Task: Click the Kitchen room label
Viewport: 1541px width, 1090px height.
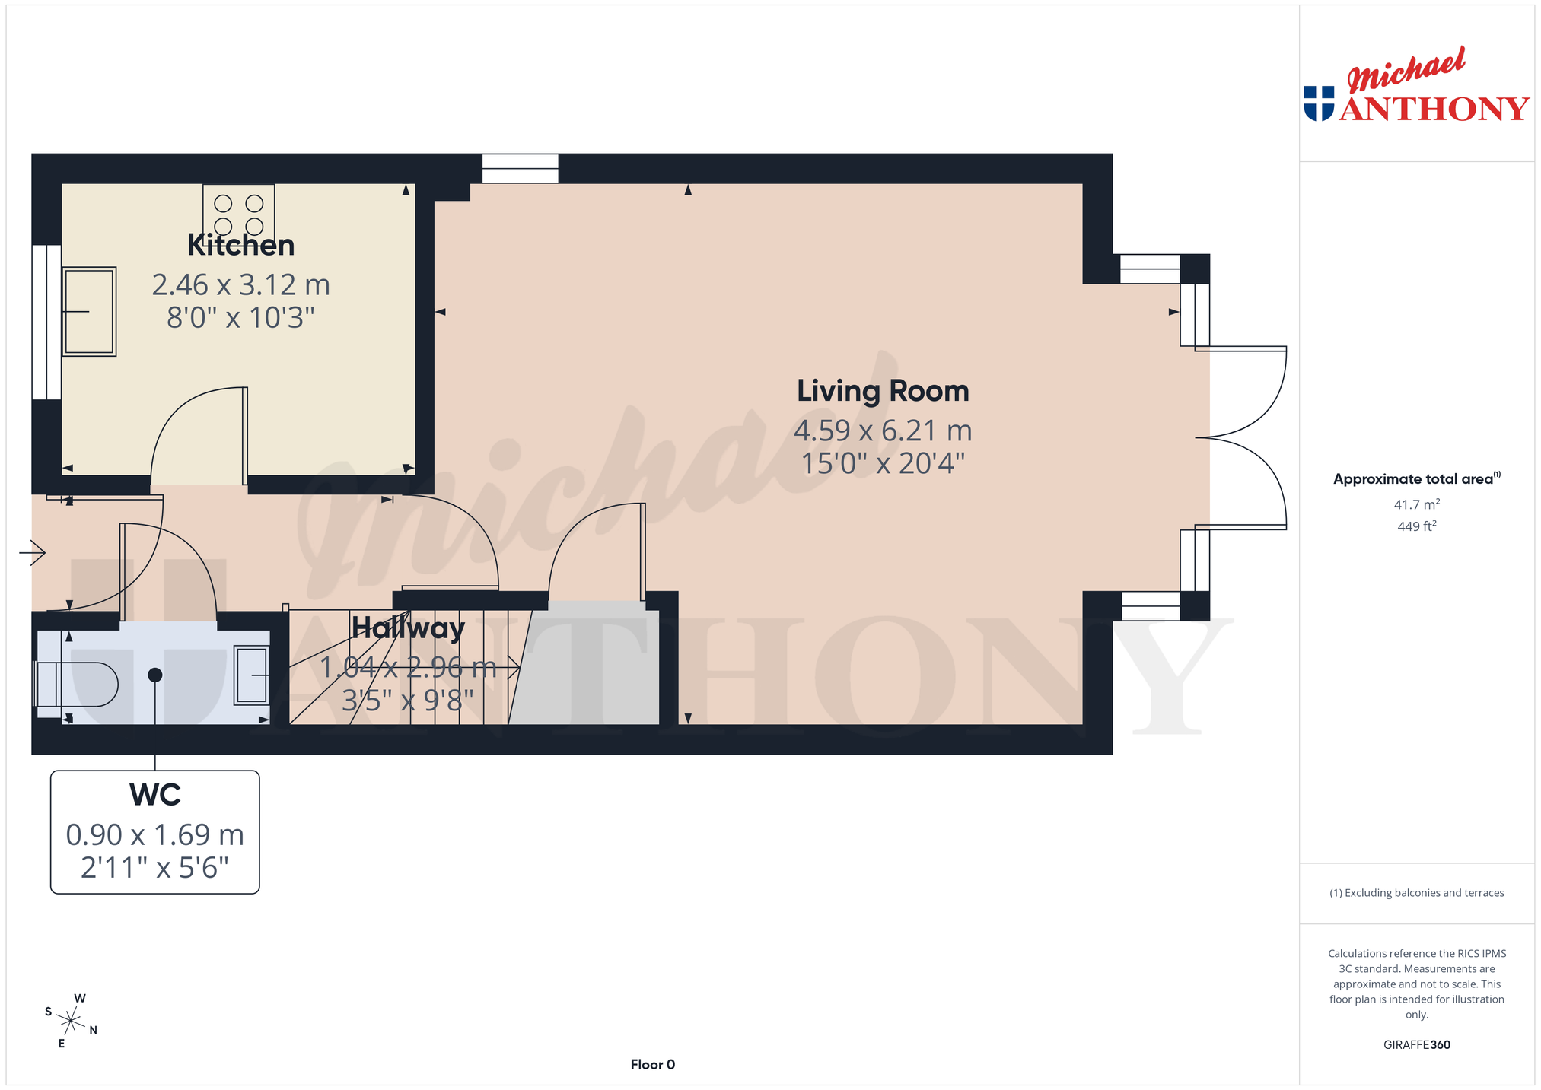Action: click(x=240, y=245)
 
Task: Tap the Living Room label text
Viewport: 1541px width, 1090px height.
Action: click(x=883, y=391)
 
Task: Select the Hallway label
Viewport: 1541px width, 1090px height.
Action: click(x=408, y=628)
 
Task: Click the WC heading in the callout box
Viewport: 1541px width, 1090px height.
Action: click(x=155, y=795)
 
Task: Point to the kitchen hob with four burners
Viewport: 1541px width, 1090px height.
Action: click(x=239, y=215)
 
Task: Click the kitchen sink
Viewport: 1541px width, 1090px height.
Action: click(x=89, y=311)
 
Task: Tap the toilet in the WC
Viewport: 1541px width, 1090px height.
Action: click(x=76, y=685)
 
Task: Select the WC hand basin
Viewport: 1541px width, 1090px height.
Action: click(x=252, y=675)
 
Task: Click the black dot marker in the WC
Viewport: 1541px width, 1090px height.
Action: click(x=155, y=675)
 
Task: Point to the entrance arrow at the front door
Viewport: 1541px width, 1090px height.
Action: click(x=32, y=552)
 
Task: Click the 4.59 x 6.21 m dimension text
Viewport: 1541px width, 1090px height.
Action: click(x=883, y=431)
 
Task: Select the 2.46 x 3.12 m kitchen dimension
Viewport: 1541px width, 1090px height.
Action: click(x=240, y=285)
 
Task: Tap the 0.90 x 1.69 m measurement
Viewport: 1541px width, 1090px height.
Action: click(x=155, y=835)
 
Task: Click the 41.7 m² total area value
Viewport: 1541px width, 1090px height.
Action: click(x=1416, y=504)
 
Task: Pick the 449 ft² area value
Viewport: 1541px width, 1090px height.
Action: click(x=1416, y=526)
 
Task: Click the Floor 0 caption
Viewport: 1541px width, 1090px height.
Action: click(x=653, y=1065)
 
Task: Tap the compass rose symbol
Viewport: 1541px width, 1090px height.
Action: click(x=71, y=1021)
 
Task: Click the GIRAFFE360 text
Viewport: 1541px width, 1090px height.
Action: click(x=1416, y=1045)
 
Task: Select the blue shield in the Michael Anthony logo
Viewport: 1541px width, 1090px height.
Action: click(x=1319, y=103)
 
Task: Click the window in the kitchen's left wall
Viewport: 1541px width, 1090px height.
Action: click(x=46, y=322)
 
